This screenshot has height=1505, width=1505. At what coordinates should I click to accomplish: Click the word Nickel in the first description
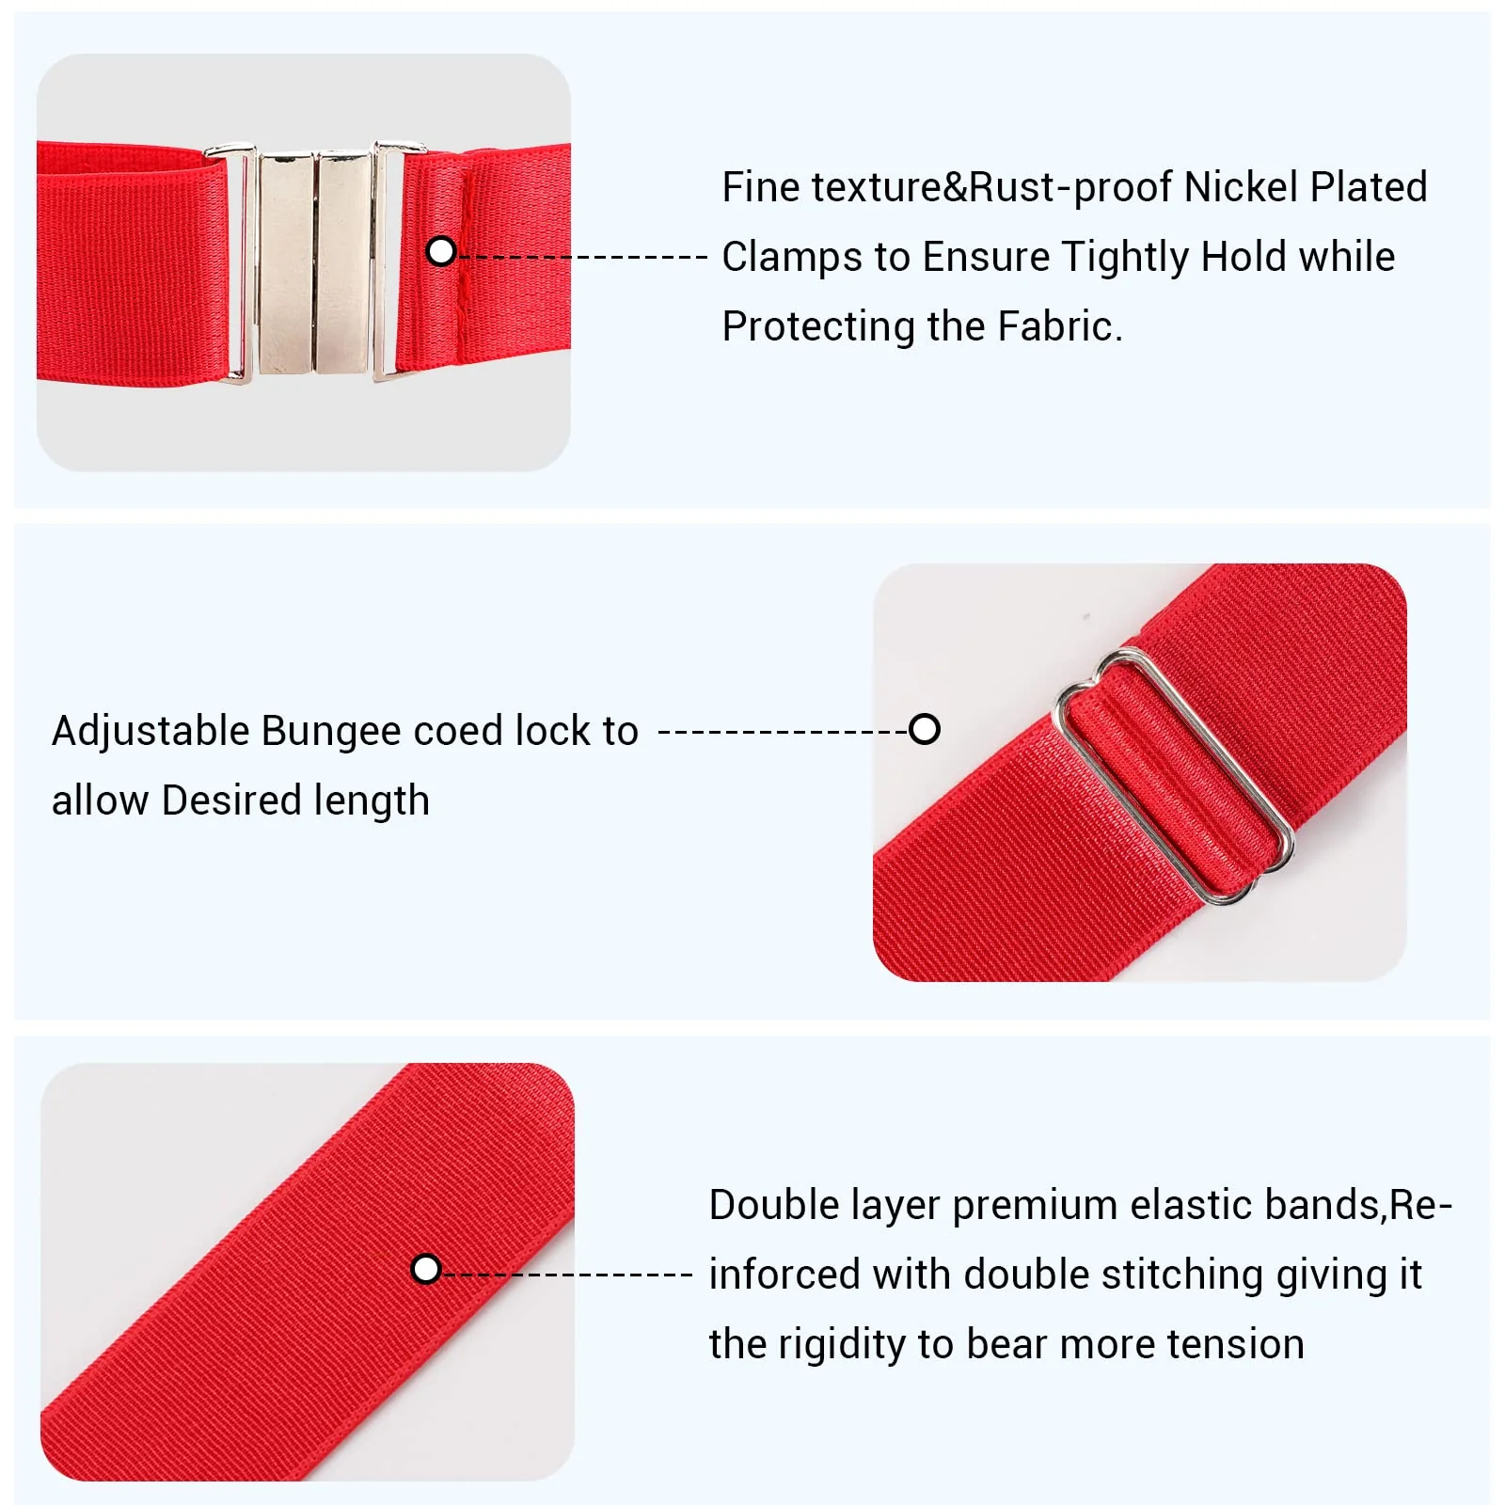pyautogui.click(x=1241, y=187)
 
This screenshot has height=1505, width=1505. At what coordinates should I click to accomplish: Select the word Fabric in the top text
pyautogui.click(x=1060, y=326)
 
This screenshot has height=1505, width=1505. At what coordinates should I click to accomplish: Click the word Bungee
pyautogui.click(x=331, y=732)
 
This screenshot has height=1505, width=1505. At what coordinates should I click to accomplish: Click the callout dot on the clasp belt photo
pyautogui.click(x=441, y=251)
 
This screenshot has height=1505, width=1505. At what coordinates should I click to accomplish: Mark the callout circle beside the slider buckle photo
pyautogui.click(x=925, y=729)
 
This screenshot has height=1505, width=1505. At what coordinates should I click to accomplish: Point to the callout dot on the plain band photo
pyautogui.click(x=426, y=1269)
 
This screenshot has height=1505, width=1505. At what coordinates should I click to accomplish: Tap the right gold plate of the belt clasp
pyautogui.click(x=343, y=261)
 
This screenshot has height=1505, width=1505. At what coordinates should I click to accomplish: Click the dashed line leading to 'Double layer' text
pyautogui.click(x=568, y=1275)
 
